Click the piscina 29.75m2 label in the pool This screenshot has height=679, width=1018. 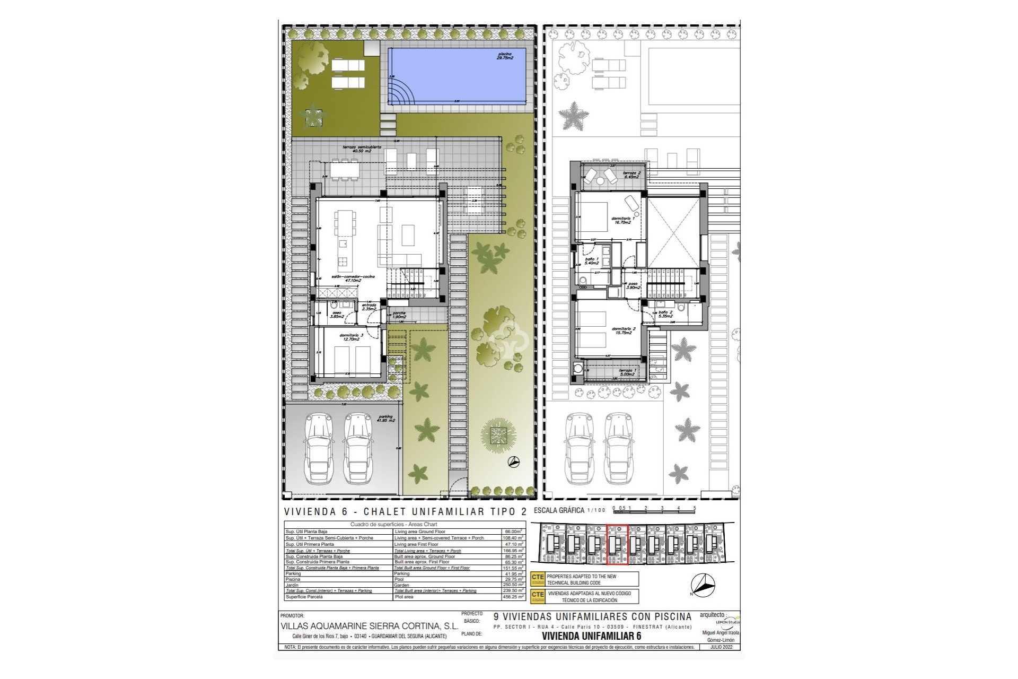click(505, 56)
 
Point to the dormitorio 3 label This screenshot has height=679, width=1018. click(350, 337)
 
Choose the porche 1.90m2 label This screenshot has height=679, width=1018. click(399, 315)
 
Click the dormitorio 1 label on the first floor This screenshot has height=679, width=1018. click(622, 220)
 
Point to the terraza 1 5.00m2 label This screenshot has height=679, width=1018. click(627, 372)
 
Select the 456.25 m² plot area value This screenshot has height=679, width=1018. click(513, 597)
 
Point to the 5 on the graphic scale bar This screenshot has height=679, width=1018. click(695, 508)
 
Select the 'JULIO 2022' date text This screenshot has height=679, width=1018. click(725, 647)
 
